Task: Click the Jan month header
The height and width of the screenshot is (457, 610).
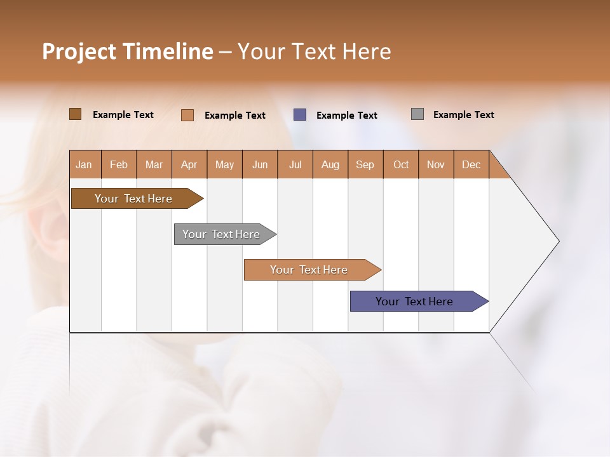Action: click(x=85, y=164)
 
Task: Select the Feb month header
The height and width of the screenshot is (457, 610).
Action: click(x=119, y=164)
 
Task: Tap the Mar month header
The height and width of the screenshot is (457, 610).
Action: click(x=154, y=164)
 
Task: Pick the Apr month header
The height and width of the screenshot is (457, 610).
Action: click(x=189, y=164)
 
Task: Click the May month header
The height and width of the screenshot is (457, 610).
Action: click(x=224, y=164)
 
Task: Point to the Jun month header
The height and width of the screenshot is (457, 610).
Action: click(x=260, y=164)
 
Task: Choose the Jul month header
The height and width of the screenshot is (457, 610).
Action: click(x=295, y=164)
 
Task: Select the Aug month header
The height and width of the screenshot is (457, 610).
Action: click(x=330, y=164)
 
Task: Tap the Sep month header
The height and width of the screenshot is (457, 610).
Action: click(x=365, y=164)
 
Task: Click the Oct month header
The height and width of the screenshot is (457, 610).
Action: click(x=401, y=164)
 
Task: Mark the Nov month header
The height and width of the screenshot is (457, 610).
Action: click(x=436, y=164)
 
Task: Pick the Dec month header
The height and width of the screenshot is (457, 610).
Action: click(x=471, y=164)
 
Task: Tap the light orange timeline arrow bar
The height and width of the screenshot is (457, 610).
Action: click(x=309, y=270)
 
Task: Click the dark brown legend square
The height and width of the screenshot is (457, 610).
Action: click(x=75, y=114)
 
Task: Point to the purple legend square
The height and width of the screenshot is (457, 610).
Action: click(x=300, y=114)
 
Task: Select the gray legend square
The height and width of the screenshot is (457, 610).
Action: click(x=417, y=114)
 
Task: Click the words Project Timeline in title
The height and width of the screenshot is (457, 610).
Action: click(x=128, y=51)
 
